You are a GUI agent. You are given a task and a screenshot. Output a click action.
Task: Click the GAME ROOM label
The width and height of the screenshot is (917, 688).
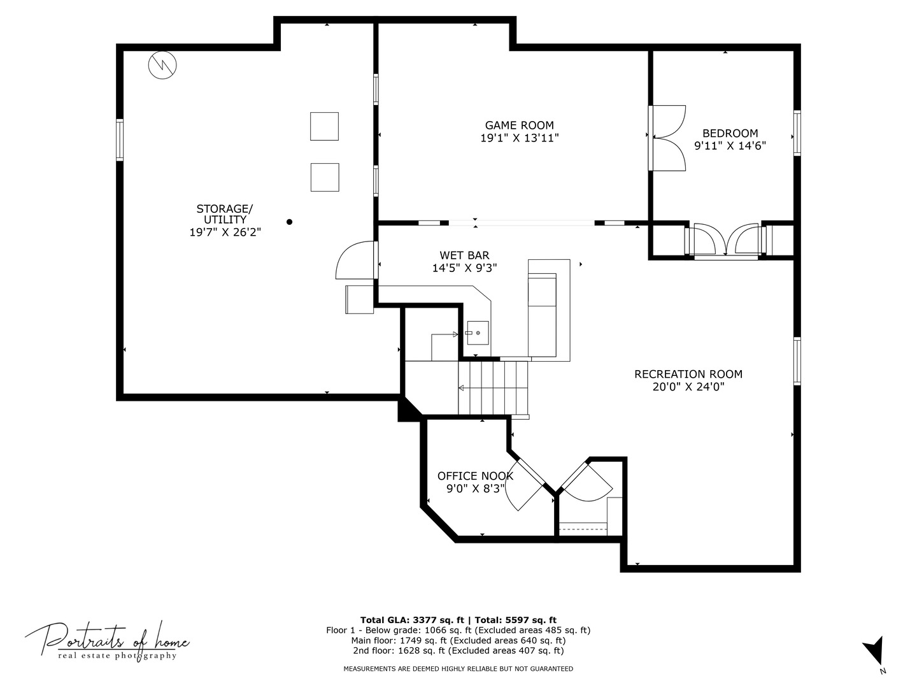pos(519,125)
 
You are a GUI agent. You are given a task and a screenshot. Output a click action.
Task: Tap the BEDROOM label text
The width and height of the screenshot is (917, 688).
pos(730,133)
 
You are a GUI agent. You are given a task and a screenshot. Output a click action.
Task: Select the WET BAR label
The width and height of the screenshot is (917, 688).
pos(464,255)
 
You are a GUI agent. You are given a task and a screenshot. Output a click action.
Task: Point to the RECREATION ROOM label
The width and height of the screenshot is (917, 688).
pos(688,374)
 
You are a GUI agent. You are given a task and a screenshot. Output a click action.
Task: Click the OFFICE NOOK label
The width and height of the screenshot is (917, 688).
pos(475,476)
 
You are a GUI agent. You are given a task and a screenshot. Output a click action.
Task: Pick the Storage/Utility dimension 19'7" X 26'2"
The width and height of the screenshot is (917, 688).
pos(225,232)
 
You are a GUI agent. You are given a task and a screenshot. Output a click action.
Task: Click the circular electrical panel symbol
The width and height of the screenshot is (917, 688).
pos(162,65)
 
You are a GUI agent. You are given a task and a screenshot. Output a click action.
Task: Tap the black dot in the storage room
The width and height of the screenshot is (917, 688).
pos(289,222)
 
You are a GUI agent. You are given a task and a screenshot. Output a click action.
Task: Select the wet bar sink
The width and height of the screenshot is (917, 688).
pos(478,333)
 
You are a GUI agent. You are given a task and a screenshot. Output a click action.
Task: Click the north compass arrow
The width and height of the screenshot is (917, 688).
pos(875,652)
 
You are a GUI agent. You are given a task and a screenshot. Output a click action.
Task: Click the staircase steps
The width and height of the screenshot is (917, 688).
pos(493,388)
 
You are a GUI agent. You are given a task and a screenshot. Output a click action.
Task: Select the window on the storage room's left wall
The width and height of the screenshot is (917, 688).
pos(120,140)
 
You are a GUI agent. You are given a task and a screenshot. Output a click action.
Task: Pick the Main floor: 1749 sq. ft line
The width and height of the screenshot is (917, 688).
pos(458,640)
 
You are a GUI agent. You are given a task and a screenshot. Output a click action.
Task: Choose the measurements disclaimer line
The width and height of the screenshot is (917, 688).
pos(458,669)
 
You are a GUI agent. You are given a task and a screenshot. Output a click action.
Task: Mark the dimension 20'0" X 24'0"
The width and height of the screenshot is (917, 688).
pos(688,387)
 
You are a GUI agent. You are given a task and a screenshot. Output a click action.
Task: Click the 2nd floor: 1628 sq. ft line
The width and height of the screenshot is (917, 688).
pos(458,650)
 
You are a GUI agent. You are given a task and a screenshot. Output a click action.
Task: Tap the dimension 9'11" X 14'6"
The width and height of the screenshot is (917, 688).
pos(730,146)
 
